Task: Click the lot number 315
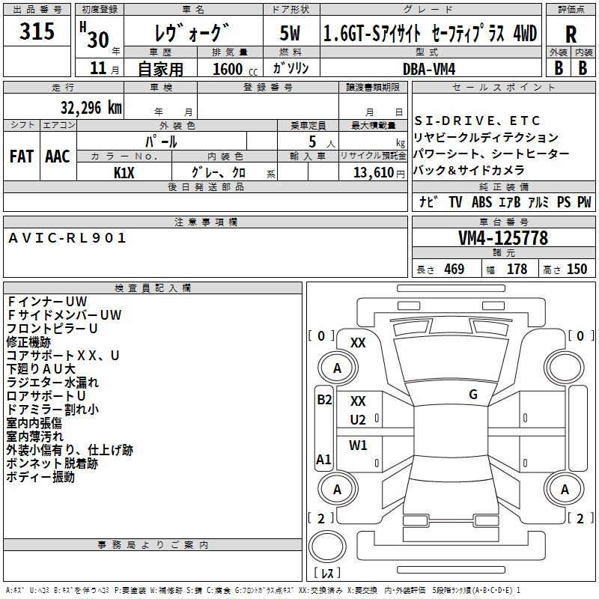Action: point(37,31)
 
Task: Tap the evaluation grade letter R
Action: point(571,34)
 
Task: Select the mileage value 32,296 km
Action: point(91,108)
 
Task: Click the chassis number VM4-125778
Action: point(503,238)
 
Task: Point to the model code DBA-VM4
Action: point(429,69)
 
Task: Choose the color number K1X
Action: point(124,173)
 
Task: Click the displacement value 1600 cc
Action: point(235,69)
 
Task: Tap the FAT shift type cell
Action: point(22,156)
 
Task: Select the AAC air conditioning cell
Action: point(58,156)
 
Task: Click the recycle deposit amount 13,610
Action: point(374,173)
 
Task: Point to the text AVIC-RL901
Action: point(67,238)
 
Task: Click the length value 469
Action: point(454,269)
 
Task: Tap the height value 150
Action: point(577,269)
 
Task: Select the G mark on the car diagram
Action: point(473,395)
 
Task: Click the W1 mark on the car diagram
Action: point(358,445)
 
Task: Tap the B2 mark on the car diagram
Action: point(324,400)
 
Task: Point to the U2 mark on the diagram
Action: point(358,420)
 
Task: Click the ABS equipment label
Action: point(481,201)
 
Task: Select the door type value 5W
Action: point(290,33)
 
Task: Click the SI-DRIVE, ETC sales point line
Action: point(477,121)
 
